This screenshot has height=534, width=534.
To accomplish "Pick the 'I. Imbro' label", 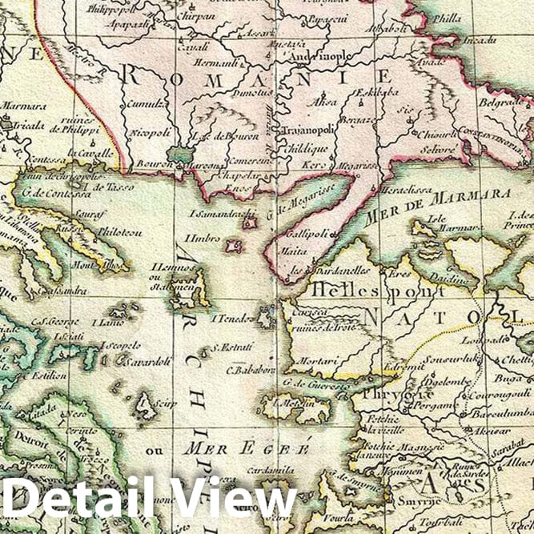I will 199,239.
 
